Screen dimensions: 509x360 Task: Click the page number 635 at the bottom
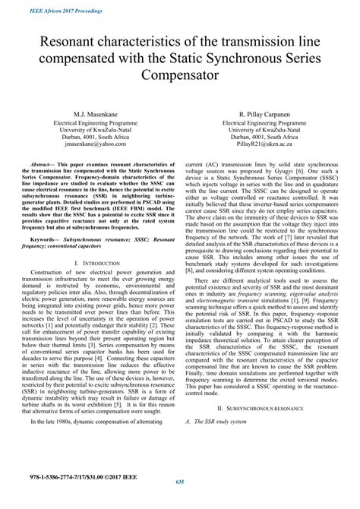tap(180, 501)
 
